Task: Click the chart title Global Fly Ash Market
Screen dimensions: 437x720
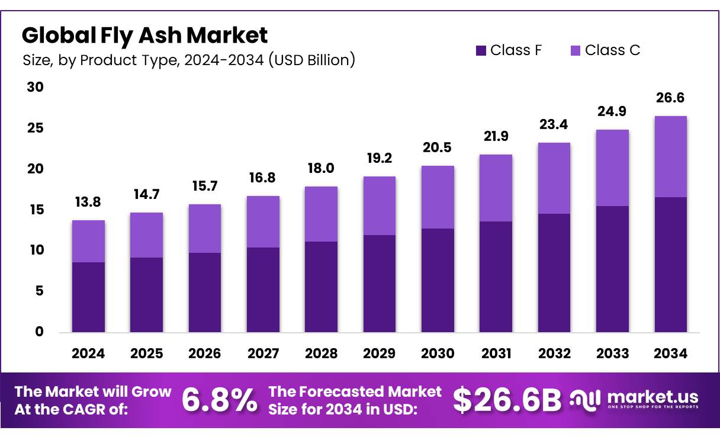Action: tap(144, 36)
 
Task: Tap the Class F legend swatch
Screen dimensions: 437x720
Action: tap(481, 50)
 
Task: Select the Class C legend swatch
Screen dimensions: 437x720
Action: tap(576, 50)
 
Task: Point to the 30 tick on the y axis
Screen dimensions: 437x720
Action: tap(36, 87)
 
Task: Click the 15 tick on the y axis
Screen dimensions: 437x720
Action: tap(36, 210)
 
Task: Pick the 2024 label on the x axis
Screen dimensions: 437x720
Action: tap(88, 354)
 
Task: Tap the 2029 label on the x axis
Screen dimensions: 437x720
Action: tap(379, 354)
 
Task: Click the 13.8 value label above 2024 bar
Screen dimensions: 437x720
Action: tap(88, 202)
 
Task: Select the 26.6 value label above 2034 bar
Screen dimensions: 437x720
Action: tap(670, 98)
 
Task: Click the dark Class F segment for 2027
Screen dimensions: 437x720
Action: tap(263, 290)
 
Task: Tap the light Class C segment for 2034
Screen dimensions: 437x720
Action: tap(670, 156)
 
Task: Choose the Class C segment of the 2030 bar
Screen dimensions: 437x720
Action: tap(438, 197)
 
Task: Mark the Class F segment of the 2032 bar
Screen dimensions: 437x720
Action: tap(554, 272)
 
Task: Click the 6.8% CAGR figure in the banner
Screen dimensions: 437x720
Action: tap(220, 401)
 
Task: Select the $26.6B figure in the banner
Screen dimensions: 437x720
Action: tap(507, 401)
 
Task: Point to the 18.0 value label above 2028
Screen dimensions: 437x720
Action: tap(321, 168)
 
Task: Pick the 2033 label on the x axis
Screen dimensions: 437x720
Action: tap(612, 354)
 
